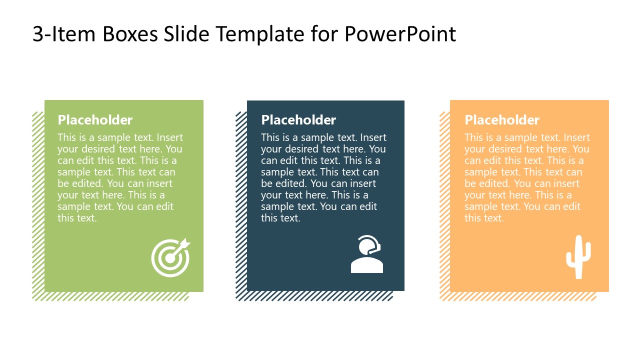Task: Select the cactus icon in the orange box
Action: [578, 257]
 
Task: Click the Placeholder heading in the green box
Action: [95, 120]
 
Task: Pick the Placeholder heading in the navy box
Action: [298, 120]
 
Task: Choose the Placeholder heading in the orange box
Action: [502, 120]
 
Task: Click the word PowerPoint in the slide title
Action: [400, 34]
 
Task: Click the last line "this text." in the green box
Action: [77, 218]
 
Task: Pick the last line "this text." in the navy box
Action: [280, 218]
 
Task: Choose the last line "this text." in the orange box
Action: [484, 218]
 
